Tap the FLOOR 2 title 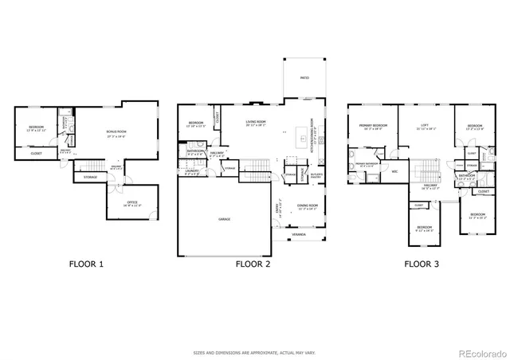[253, 263]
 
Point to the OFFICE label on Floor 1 [131, 202]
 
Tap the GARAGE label [214, 217]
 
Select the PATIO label [304, 78]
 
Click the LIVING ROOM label [255, 123]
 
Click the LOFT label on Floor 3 [425, 125]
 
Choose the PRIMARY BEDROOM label [372, 125]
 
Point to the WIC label [394, 170]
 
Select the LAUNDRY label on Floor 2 [192, 170]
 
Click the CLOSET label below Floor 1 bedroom [37, 153]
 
